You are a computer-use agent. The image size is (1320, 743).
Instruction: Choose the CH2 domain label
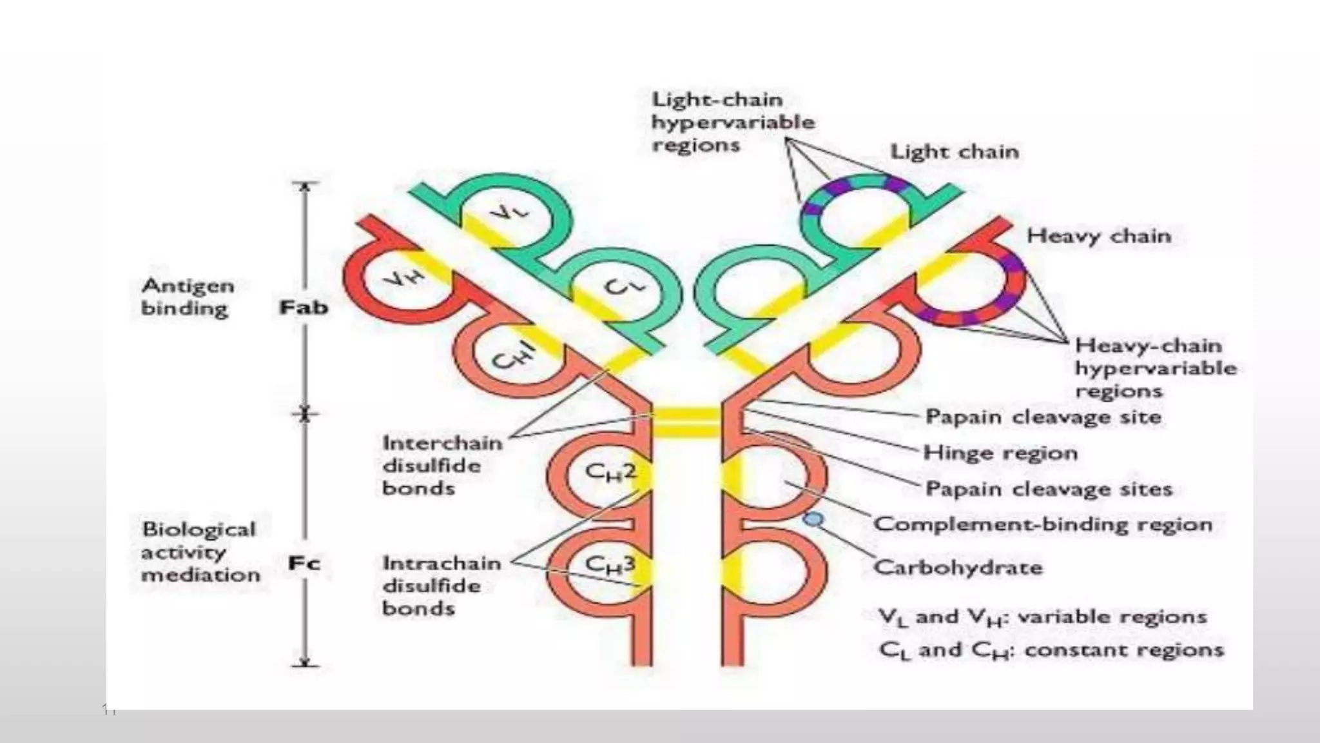610,473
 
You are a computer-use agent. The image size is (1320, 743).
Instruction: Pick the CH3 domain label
610,565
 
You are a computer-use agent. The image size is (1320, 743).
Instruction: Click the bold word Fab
303,308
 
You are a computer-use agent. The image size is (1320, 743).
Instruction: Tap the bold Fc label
304,564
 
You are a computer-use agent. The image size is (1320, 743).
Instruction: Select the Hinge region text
1000,453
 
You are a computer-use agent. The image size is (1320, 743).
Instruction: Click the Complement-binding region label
1042,524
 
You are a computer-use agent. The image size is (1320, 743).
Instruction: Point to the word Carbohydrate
958,568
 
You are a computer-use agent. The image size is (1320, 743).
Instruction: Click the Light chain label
955,152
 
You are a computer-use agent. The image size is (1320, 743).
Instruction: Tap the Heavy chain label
1098,236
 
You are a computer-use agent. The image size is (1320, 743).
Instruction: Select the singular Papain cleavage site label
1043,417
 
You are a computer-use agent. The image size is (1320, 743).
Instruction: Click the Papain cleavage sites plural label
1048,489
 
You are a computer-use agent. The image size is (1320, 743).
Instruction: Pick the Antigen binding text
187,297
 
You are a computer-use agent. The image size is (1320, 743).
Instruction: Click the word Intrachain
442,563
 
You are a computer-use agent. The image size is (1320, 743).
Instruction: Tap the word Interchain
442,443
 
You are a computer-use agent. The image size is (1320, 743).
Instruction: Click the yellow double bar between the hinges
686,422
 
